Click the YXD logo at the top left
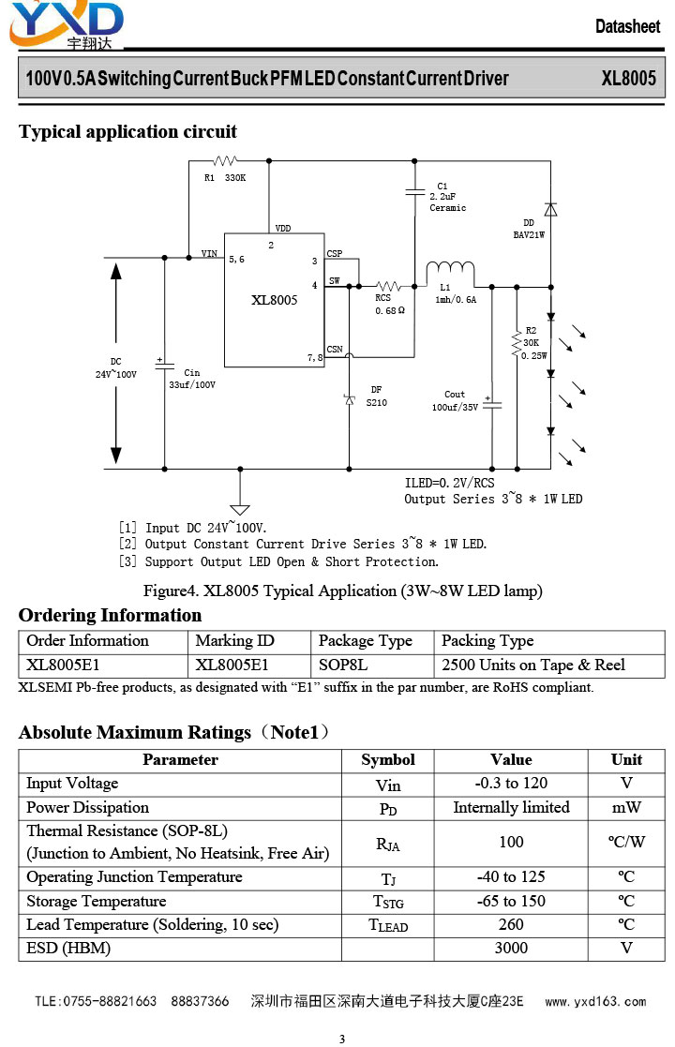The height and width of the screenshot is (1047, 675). coord(67,25)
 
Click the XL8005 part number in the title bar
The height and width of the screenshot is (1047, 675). coord(628,78)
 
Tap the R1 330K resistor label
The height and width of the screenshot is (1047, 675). coord(225,178)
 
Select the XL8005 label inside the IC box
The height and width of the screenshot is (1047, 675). coord(275,300)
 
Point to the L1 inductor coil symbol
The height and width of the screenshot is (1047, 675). coord(451,268)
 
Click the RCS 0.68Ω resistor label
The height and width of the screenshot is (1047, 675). coord(389,305)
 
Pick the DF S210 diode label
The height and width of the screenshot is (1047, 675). coord(377,396)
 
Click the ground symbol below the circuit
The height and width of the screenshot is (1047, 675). coord(240,509)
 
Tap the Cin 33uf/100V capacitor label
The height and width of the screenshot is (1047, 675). coord(192,379)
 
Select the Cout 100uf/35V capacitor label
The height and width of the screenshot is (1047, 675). coord(455,400)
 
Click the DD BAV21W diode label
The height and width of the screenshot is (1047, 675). coord(529,229)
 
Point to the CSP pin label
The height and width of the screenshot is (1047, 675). coord(335,254)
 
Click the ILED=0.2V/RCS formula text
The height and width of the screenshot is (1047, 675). coord(449,483)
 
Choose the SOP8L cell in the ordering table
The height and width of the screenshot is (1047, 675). coord(343,666)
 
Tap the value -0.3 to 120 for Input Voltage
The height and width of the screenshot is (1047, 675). coord(512,784)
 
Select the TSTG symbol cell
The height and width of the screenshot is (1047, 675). coord(388,902)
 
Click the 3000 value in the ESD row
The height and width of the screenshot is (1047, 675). coord(512,949)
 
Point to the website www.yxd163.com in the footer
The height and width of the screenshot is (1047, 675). coord(595,1002)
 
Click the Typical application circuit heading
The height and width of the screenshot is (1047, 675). coord(127,131)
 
